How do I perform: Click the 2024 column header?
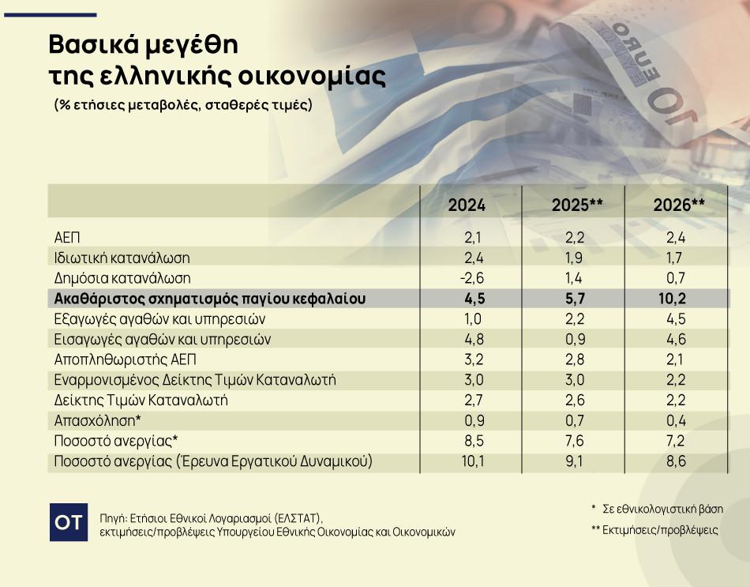(x=467, y=205)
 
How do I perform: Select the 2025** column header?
(x=577, y=205)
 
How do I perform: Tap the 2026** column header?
(x=679, y=205)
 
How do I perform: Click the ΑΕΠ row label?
(x=67, y=237)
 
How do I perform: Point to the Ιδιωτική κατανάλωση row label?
(x=122, y=258)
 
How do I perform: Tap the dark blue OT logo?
(x=69, y=522)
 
